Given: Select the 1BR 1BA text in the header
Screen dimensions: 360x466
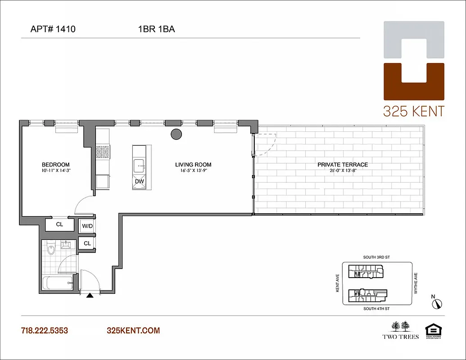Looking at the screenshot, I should click(156, 30).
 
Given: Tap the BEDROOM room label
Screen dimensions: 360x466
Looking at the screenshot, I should click(55, 165).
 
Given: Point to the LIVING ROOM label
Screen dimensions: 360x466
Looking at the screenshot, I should click(193, 165).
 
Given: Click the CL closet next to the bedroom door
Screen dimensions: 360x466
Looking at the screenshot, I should click(59, 224).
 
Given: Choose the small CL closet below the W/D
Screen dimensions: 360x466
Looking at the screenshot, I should click(87, 243).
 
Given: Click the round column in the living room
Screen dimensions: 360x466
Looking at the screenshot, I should click(176, 134).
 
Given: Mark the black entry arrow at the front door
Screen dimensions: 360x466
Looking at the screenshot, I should click(90, 296).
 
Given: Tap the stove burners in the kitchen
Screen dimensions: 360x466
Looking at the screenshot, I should click(103, 151).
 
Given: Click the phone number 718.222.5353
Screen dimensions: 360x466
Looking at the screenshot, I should click(44, 331).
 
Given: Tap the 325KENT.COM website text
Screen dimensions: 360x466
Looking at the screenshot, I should click(133, 331).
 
